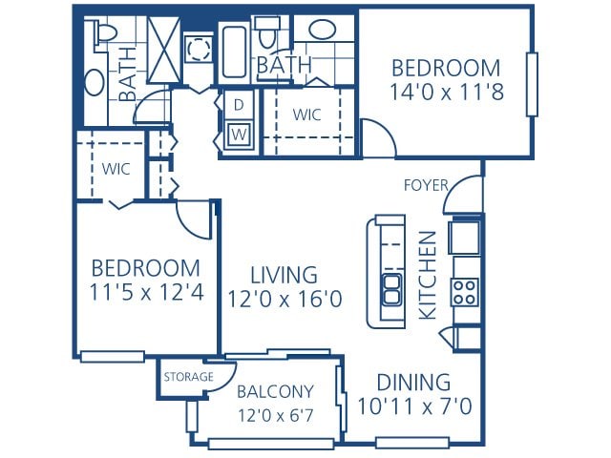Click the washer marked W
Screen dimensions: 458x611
(238, 135)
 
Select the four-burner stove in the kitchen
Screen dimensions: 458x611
(465, 291)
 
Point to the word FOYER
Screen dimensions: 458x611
(425, 184)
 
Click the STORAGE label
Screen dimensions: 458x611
(188, 377)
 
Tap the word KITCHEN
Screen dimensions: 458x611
(429, 275)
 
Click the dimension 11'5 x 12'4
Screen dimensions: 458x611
(146, 293)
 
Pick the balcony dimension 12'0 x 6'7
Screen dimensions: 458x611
(275, 415)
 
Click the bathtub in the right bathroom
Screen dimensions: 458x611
(235, 54)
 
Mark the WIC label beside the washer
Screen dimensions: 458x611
(306, 114)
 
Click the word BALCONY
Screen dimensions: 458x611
(275, 391)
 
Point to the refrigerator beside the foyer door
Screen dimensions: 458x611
(465, 237)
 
